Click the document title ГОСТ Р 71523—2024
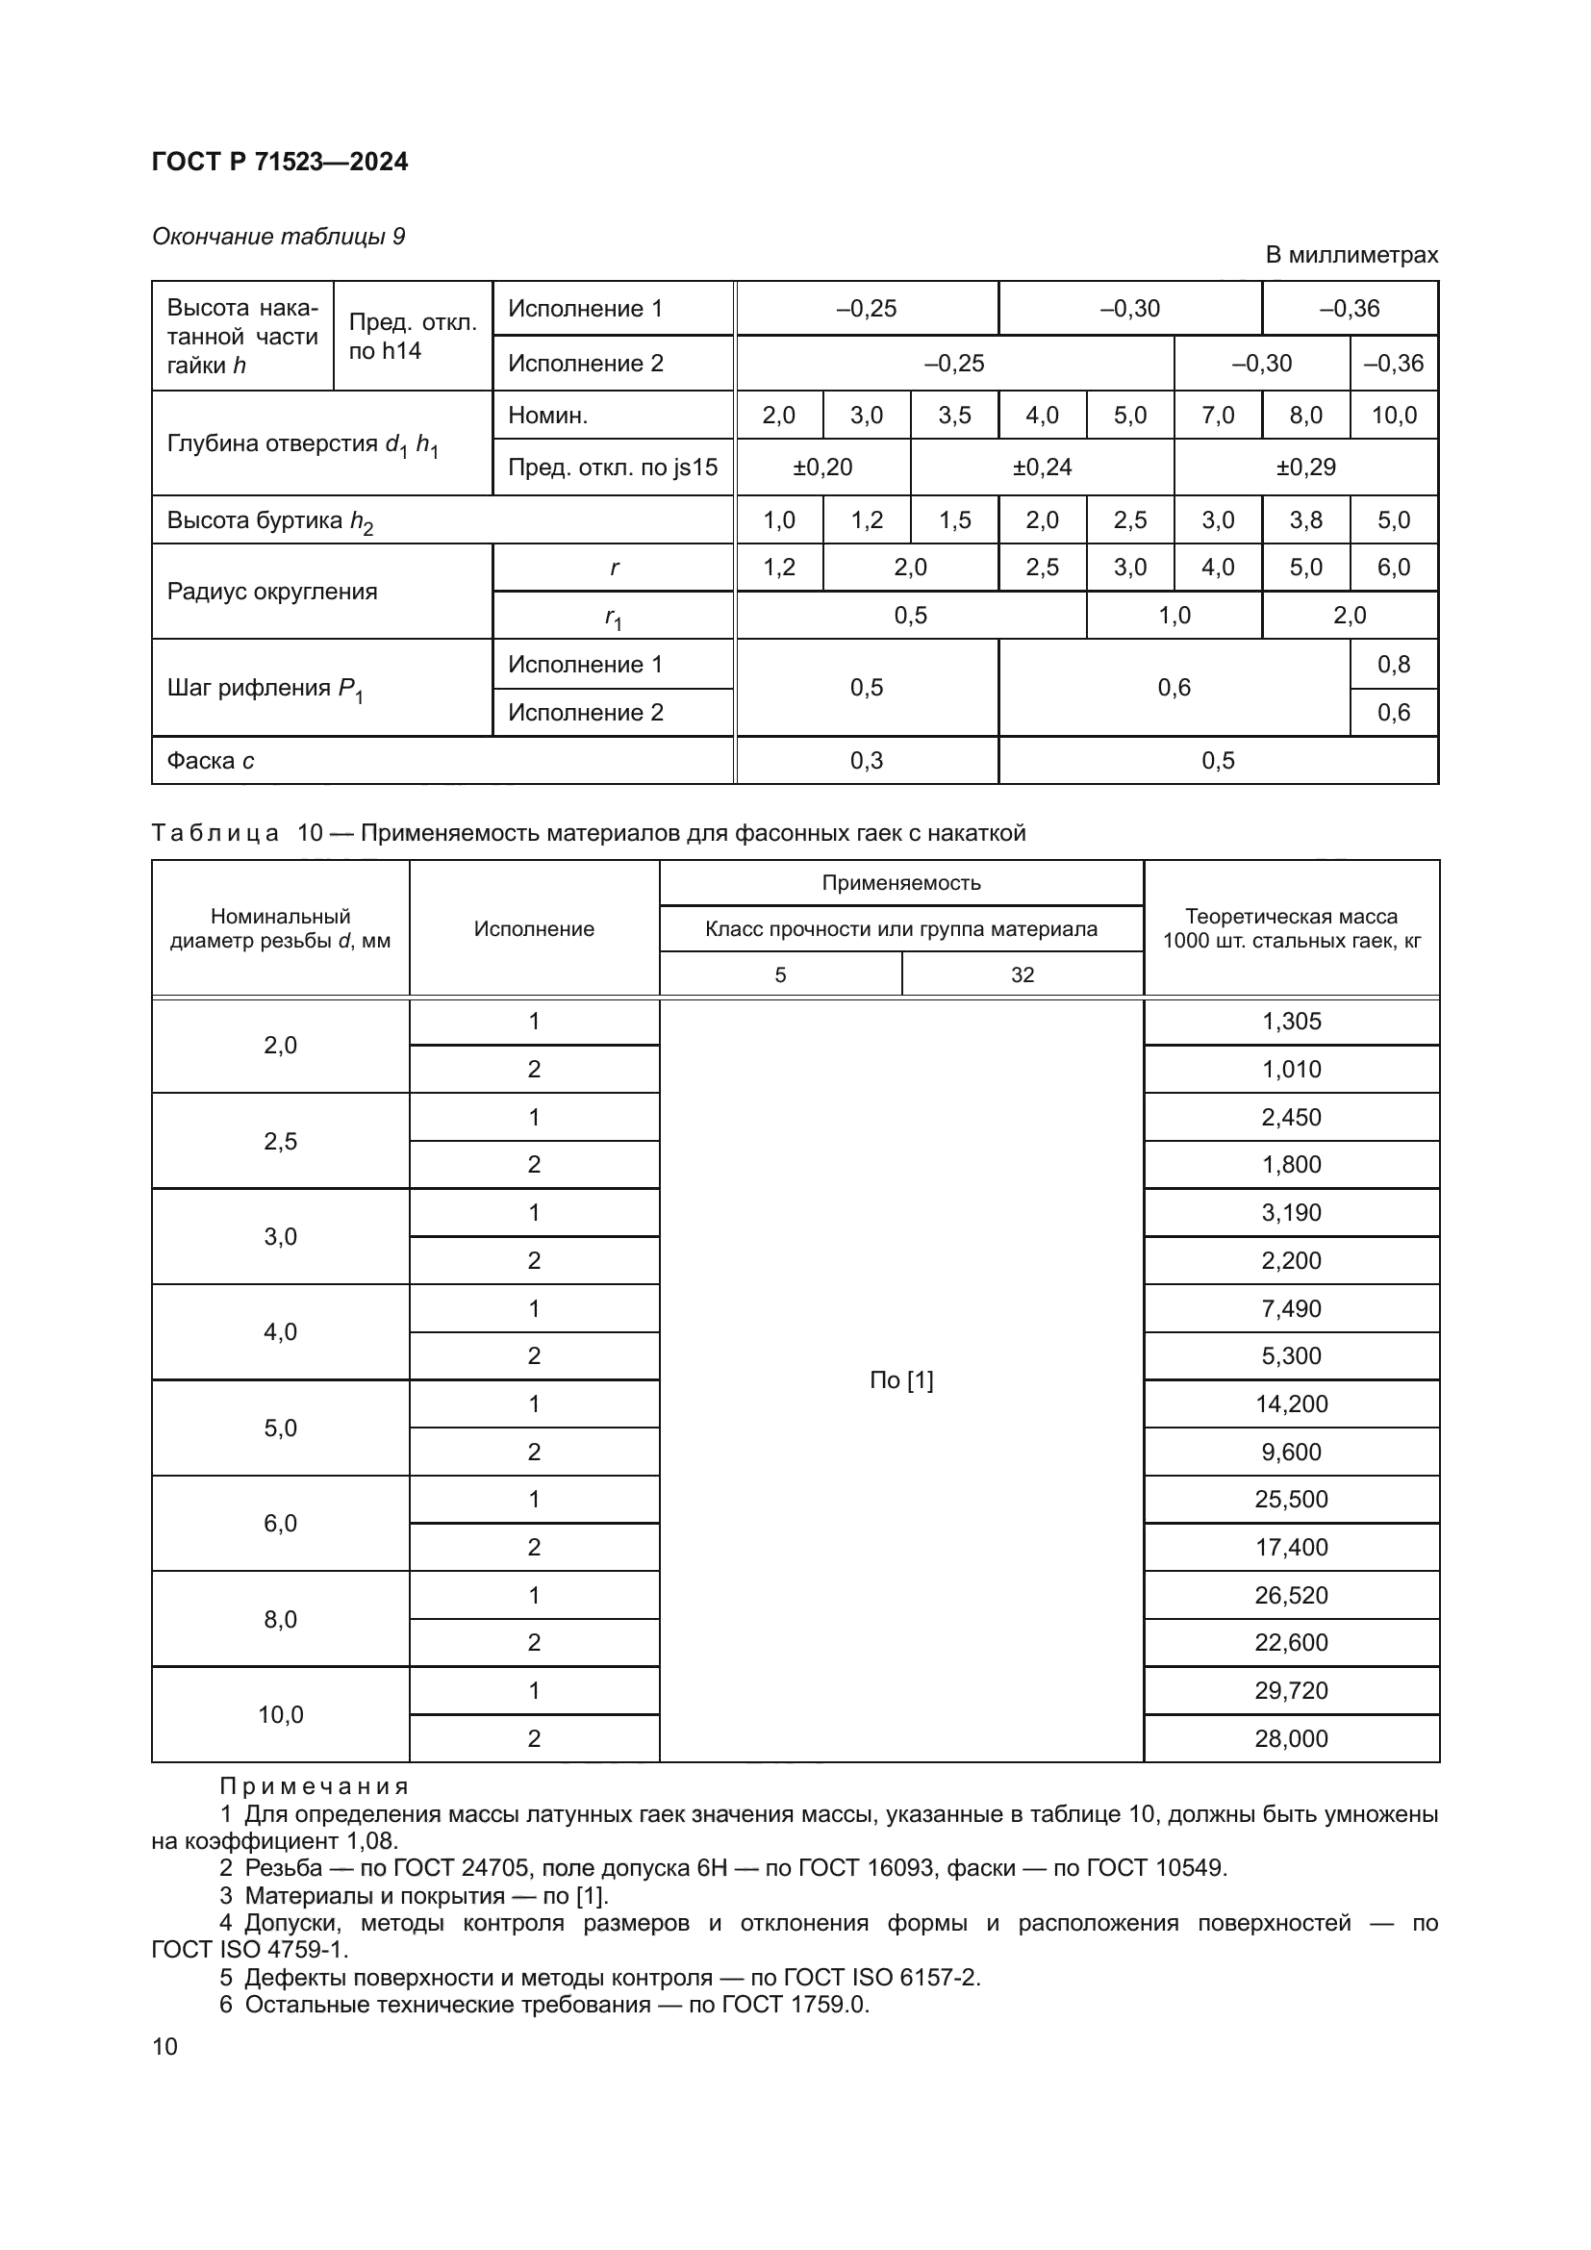tap(280, 163)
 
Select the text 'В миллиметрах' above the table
tap(1351, 255)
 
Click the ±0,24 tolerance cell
tap(1042, 468)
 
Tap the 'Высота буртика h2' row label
tap(269, 521)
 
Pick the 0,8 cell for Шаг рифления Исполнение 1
tap(1393, 665)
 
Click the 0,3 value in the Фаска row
tap(866, 761)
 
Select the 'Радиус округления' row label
tap(272, 592)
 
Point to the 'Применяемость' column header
tap(900, 883)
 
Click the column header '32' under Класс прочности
tap(1022, 975)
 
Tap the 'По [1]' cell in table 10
tap(900, 1380)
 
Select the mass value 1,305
tap(1290, 1022)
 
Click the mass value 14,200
tap(1290, 1404)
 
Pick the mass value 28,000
tap(1290, 1738)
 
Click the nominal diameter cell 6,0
tap(280, 1523)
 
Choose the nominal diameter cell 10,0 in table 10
tap(280, 1714)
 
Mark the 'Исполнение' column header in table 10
tap(534, 929)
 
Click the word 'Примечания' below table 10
tap(314, 1785)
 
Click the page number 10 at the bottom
tap(164, 2046)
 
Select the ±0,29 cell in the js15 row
tap(1305, 468)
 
